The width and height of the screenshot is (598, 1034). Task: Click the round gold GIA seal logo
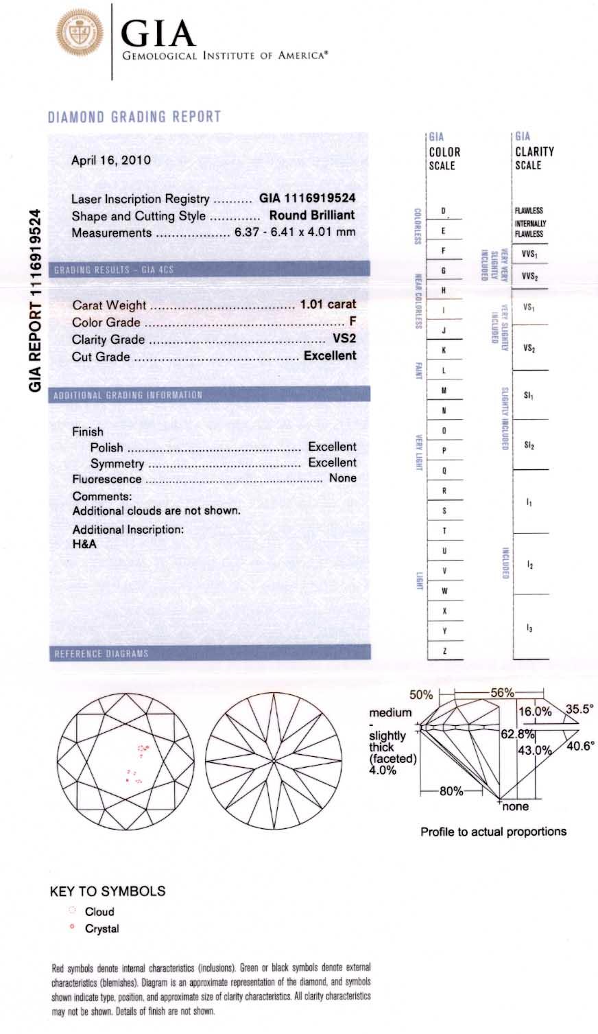tap(79, 34)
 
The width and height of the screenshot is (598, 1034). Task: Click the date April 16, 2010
tap(111, 161)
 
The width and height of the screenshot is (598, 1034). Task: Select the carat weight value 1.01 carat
tap(328, 304)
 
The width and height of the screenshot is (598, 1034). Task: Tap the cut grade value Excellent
tap(330, 355)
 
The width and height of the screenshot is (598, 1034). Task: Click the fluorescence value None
tap(342, 478)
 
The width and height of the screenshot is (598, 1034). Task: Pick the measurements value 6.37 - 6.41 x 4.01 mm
tap(295, 232)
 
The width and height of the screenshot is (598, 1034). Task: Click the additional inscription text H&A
tap(84, 544)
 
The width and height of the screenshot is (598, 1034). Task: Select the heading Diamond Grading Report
tap(134, 117)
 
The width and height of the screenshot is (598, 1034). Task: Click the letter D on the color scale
tap(444, 211)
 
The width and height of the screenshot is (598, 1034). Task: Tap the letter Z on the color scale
tap(444, 650)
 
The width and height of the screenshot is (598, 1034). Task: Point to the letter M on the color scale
tap(444, 390)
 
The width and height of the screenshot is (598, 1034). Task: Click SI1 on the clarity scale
tap(529, 396)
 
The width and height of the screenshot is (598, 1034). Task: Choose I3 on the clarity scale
tap(529, 628)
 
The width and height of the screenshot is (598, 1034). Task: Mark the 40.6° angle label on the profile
tap(579, 746)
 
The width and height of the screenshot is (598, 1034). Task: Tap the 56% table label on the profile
tap(501, 693)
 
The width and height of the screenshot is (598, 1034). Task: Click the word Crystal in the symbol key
tap(101, 929)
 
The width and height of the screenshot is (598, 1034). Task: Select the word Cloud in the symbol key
tap(99, 912)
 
